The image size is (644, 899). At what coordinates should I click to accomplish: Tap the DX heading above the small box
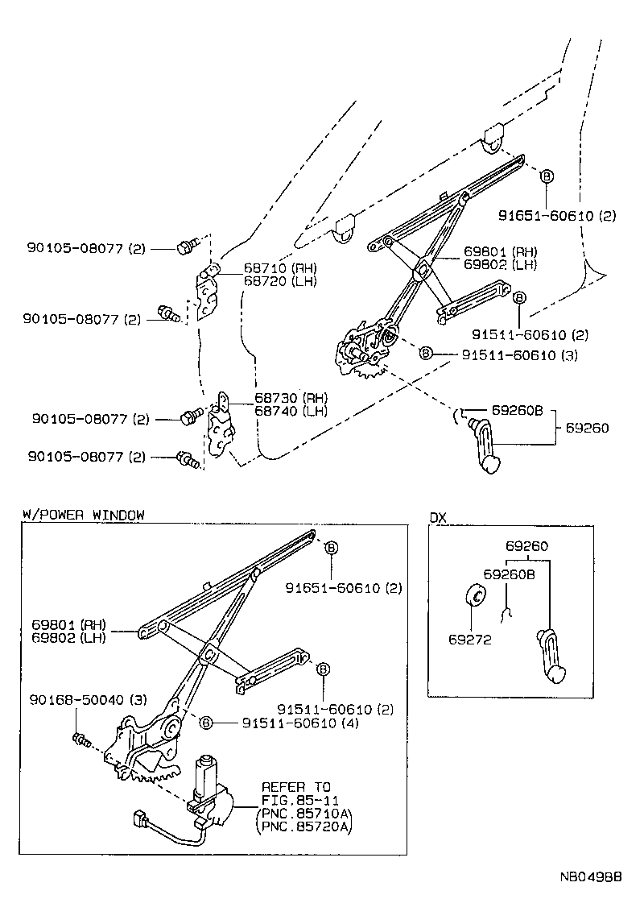point(437,516)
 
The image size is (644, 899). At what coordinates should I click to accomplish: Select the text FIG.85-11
point(294,799)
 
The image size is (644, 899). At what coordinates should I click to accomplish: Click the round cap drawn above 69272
point(475,598)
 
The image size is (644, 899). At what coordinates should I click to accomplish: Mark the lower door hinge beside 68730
point(220,430)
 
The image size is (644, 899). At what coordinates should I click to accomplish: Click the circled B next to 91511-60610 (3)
point(427,354)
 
